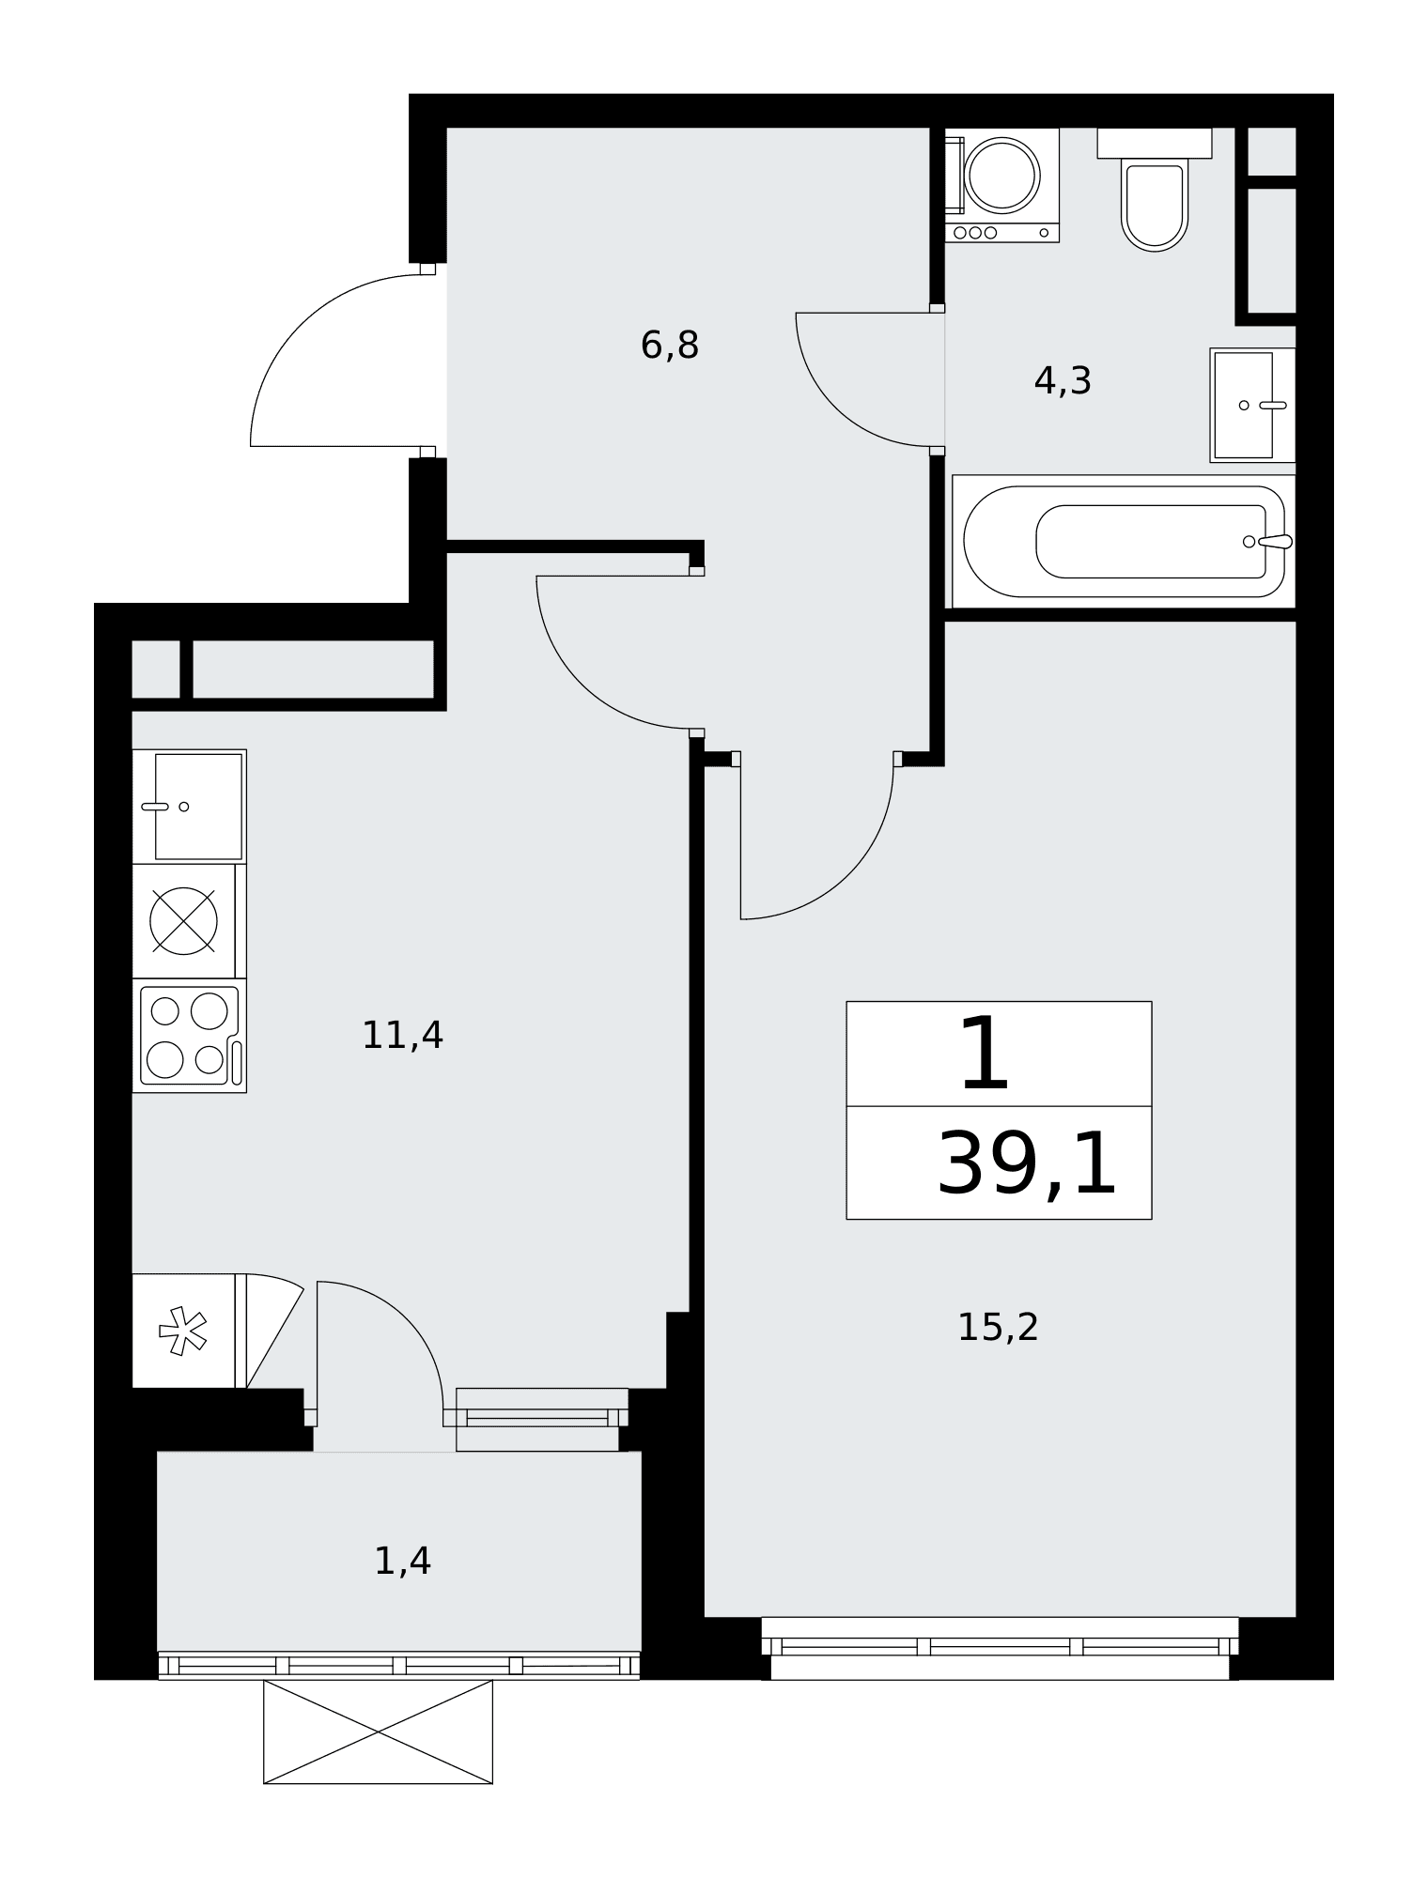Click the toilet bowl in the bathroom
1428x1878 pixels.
click(x=1154, y=206)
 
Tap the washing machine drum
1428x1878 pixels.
click(x=1002, y=176)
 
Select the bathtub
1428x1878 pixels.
click(x=1124, y=542)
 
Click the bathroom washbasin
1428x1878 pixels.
click(x=1252, y=405)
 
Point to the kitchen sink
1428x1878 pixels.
click(x=189, y=806)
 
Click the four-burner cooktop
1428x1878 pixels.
click(x=189, y=1036)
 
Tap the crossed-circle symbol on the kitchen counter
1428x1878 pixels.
click(x=184, y=920)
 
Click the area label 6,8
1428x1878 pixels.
click(x=670, y=346)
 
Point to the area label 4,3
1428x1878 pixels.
click(x=1063, y=381)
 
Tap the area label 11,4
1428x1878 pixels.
click(x=402, y=1036)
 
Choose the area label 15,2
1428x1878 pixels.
click(x=998, y=1328)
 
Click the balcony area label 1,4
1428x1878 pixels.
click(x=402, y=1562)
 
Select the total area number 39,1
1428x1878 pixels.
click(x=1027, y=1164)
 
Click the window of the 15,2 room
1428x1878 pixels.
click(x=1000, y=1648)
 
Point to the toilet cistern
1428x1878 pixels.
click(x=1154, y=143)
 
